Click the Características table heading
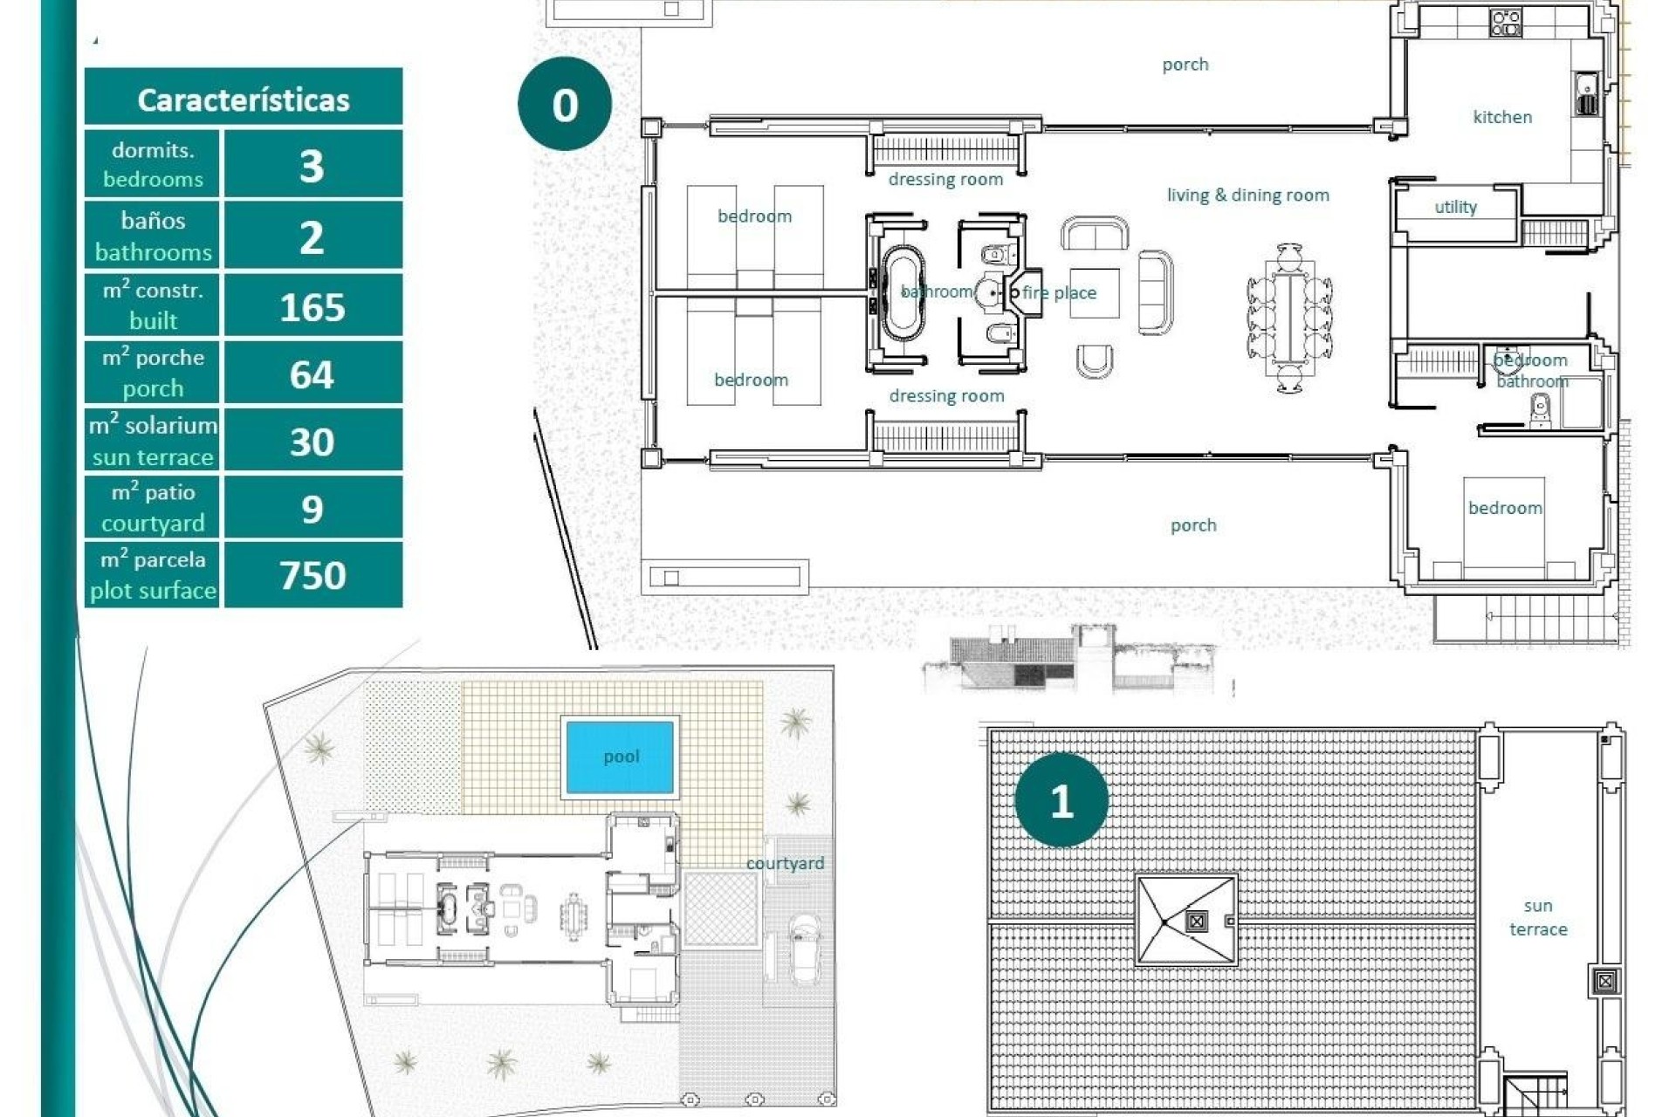click(243, 99)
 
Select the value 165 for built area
click(313, 307)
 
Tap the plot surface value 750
click(313, 575)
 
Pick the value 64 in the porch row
click(313, 374)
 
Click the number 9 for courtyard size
click(313, 509)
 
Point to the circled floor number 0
click(564, 105)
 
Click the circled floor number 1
click(1061, 801)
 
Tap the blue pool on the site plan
click(620, 757)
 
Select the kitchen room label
click(1501, 117)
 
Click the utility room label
click(1455, 207)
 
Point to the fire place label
click(1059, 293)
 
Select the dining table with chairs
click(1289, 319)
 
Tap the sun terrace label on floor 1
click(1538, 917)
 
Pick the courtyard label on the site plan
click(784, 863)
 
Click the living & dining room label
click(1247, 195)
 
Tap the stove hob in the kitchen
click(1506, 23)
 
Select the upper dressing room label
click(945, 180)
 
